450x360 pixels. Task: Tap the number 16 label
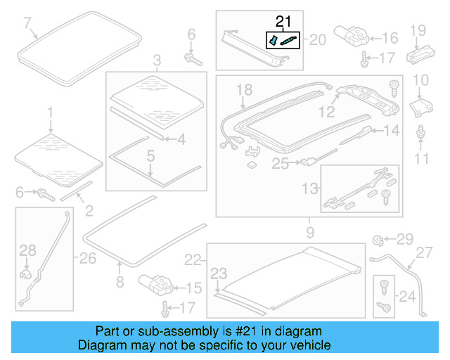click(390, 38)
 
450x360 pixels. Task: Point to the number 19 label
click(418, 30)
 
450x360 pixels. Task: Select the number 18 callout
click(243, 89)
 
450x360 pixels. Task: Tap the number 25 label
click(281, 164)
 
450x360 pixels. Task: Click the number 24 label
click(407, 295)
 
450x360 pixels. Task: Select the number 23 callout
click(219, 273)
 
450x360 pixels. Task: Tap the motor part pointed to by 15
click(155, 283)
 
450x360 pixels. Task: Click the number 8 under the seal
click(119, 282)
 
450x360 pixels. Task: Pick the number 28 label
click(27, 250)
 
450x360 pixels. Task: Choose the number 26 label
click(87, 259)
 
